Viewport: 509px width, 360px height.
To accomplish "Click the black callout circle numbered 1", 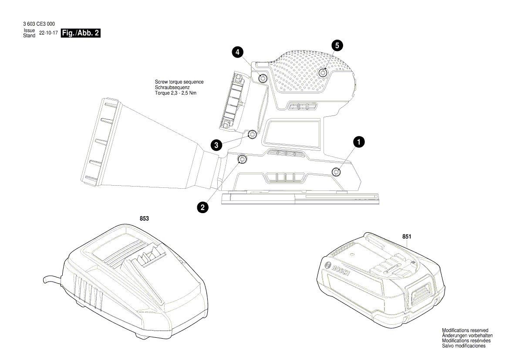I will tap(359, 142).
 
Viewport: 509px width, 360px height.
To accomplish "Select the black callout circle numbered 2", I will tap(202, 207).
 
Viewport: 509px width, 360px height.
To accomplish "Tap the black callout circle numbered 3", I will tap(216, 145).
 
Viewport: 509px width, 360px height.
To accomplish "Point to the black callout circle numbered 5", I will tap(337, 44).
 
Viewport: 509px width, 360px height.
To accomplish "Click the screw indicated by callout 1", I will tap(336, 172).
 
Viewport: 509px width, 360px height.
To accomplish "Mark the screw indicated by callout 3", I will tap(252, 134).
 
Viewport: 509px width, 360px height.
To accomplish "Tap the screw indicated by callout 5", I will tap(323, 73).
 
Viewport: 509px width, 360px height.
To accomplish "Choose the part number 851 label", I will tap(407, 236).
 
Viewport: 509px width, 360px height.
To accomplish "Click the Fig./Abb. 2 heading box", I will tap(81, 33).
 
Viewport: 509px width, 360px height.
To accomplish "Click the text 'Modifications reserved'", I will tap(465, 331).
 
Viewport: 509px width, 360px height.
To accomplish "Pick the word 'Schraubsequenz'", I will tap(173, 88).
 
